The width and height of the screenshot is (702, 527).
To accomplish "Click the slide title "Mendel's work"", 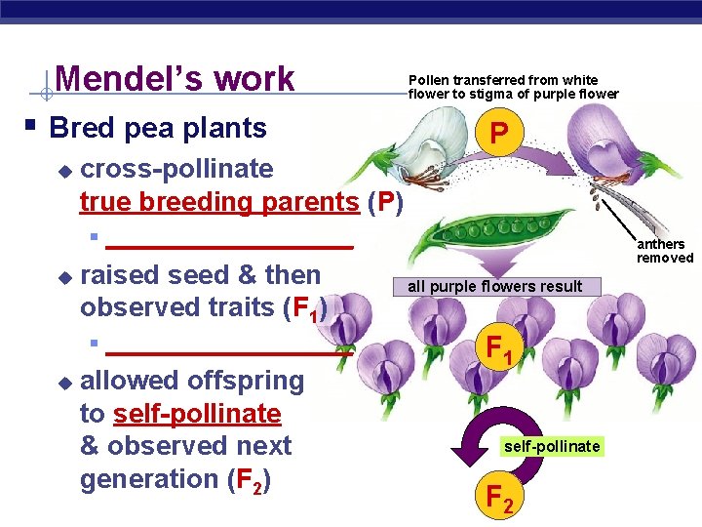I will tap(175, 79).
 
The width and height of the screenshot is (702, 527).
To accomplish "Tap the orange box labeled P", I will tap(498, 133).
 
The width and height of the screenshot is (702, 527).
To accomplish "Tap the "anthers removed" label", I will tap(665, 251).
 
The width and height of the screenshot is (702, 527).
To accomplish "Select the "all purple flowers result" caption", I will tap(494, 286).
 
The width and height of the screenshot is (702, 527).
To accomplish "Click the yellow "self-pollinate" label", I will tap(552, 446).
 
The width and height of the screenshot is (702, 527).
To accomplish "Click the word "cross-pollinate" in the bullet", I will tap(176, 169).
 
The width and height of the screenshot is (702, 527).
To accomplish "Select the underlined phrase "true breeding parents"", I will tap(221, 202).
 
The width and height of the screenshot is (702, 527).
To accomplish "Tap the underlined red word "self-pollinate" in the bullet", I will tap(197, 414).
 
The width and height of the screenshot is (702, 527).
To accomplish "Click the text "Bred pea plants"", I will tap(158, 128).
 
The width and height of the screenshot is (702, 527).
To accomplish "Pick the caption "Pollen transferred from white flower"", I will tap(513, 87).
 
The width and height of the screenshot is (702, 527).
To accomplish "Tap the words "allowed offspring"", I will tap(192, 381).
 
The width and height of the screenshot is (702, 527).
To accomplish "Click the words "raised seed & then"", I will tap(200, 275).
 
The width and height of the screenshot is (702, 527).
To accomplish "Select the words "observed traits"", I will tap(176, 307).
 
